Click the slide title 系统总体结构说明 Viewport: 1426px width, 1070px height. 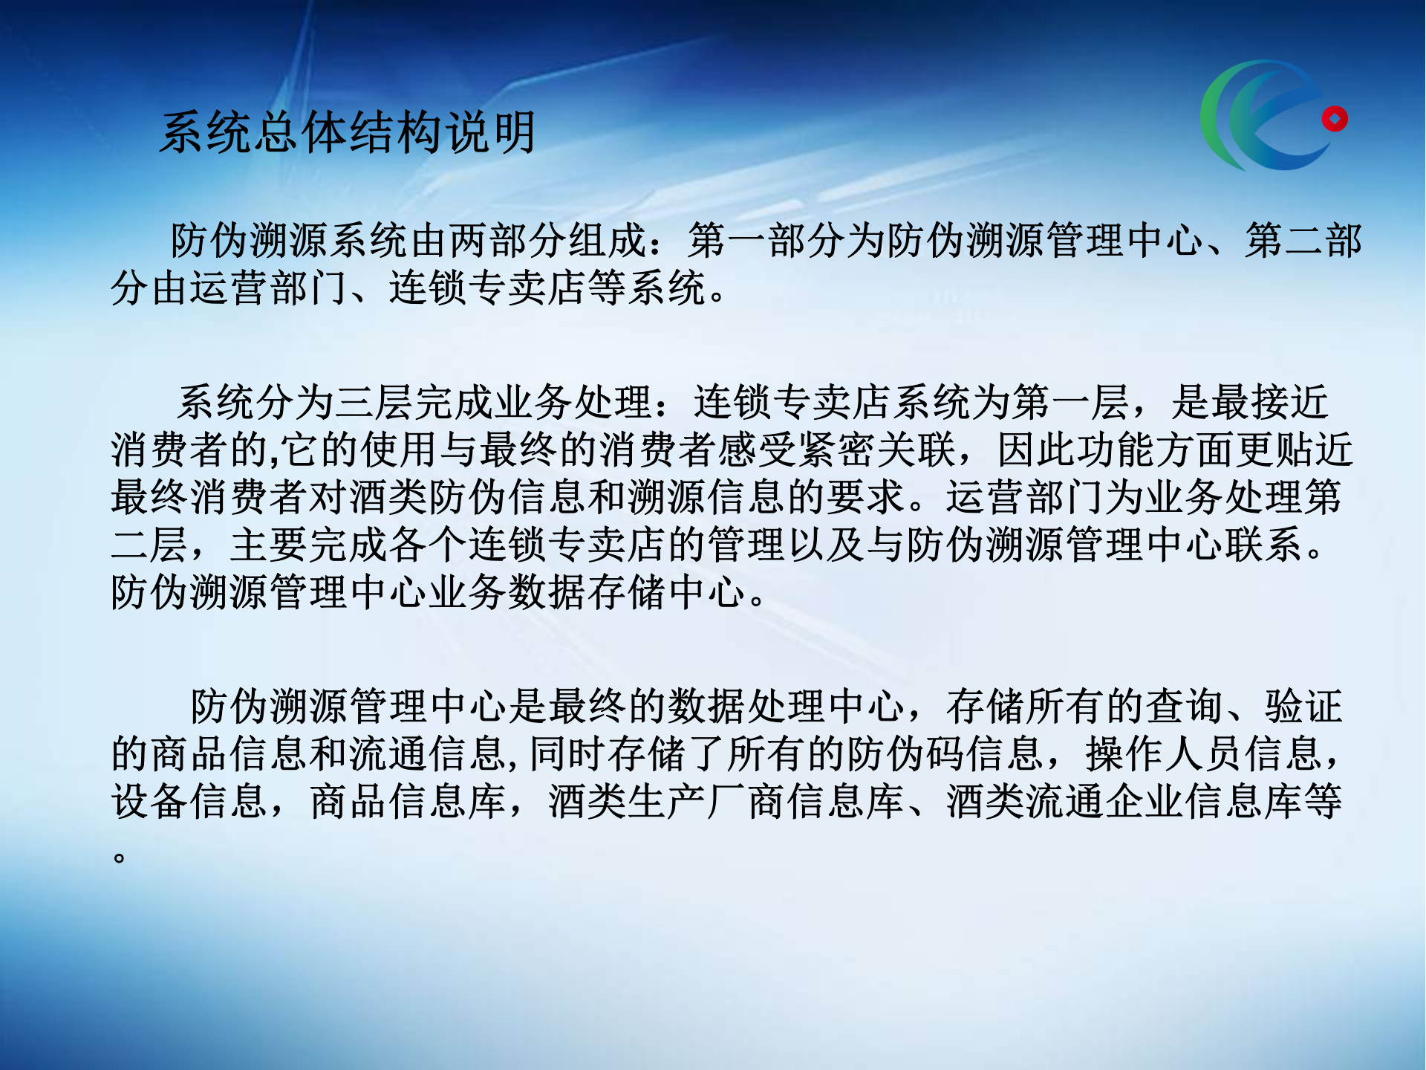(x=348, y=133)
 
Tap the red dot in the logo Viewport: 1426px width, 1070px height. (x=1334, y=119)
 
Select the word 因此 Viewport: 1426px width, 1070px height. (x=1035, y=450)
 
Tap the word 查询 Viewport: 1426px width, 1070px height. (x=1184, y=706)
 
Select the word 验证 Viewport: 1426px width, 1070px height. (x=1304, y=706)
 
